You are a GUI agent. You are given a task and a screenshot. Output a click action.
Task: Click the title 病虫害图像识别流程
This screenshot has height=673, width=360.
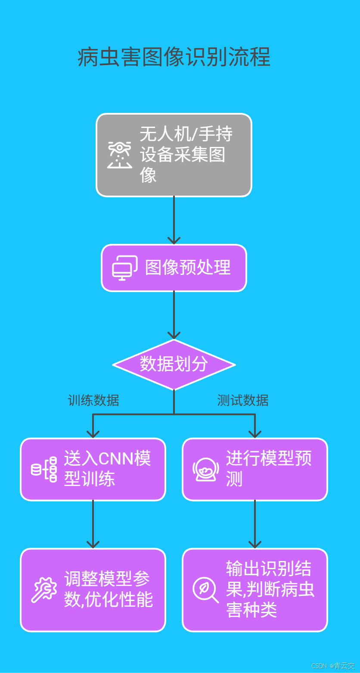click(174, 57)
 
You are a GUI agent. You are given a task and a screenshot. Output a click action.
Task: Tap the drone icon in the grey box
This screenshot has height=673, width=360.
click(119, 155)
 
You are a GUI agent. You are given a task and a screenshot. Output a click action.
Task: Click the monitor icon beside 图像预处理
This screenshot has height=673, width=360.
click(124, 268)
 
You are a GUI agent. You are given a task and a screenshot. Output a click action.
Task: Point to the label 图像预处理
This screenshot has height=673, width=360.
click(188, 268)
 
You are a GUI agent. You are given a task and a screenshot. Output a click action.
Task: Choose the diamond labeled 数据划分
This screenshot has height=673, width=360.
click(174, 365)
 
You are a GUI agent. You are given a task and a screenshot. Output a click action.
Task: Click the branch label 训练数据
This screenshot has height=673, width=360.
click(93, 400)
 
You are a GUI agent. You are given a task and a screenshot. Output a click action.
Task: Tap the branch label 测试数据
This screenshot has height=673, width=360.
click(242, 400)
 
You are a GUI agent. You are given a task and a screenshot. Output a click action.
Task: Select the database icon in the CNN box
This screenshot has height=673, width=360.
click(44, 469)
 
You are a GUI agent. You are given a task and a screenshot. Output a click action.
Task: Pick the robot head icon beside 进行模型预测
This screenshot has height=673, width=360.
click(205, 469)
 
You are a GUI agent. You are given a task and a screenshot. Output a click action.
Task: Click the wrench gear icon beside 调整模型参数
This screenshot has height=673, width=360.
click(44, 590)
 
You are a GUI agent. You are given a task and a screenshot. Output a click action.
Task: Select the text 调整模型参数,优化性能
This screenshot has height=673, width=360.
click(108, 589)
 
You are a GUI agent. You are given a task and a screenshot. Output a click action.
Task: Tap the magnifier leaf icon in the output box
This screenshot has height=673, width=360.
click(205, 590)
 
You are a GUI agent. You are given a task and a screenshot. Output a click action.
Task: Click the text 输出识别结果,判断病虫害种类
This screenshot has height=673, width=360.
click(270, 589)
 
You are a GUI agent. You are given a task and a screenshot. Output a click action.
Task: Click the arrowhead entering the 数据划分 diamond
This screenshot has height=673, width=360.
click(174, 335)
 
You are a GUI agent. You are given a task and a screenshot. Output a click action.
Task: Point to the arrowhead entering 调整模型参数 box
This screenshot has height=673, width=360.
click(93, 544)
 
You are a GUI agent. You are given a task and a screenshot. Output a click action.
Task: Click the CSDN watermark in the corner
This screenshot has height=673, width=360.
click(332, 666)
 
